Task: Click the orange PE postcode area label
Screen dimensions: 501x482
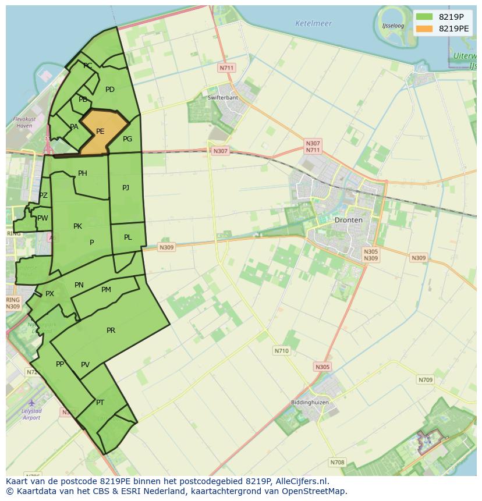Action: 100,132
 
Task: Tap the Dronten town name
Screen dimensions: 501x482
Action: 348,220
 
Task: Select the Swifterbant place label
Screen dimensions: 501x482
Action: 222,98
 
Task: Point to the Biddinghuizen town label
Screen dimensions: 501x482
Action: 310,403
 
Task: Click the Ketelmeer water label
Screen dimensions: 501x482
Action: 313,24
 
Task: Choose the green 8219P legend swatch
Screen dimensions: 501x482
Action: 425,16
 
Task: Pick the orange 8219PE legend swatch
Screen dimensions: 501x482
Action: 425,28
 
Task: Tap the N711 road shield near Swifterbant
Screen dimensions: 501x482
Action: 226,68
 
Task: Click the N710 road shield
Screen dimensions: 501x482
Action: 281,351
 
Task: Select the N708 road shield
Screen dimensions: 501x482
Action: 337,463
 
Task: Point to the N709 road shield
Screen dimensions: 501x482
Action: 426,380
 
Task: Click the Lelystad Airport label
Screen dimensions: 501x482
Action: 31,414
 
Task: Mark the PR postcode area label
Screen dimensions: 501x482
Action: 111,331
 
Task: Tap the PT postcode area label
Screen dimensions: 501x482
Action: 100,403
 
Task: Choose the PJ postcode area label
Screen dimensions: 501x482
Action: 126,187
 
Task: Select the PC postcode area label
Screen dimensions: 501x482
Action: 87,66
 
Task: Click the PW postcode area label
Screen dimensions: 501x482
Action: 42,218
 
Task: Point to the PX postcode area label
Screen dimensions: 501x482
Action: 49,294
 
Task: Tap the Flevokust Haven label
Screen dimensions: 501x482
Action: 24,122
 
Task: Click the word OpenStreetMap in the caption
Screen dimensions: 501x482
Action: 314,491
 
